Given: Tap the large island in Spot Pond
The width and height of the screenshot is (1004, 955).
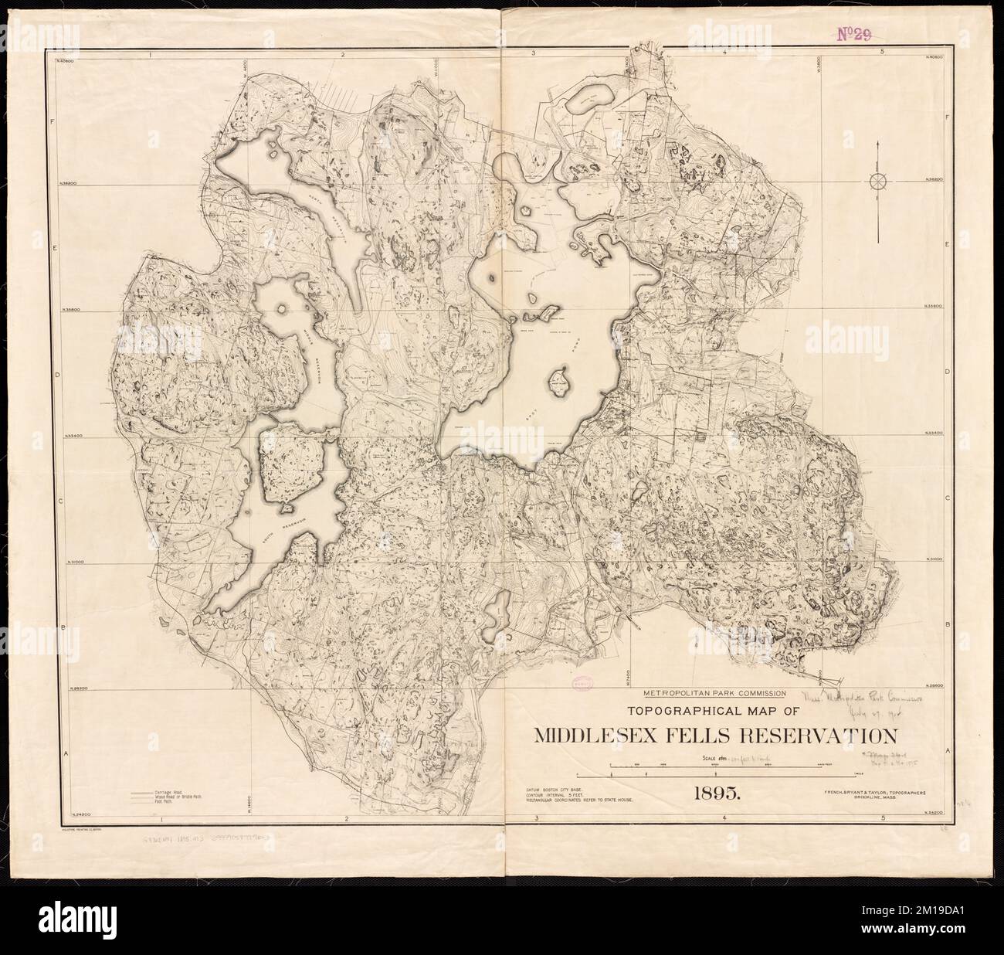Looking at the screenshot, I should click(x=558, y=382).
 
